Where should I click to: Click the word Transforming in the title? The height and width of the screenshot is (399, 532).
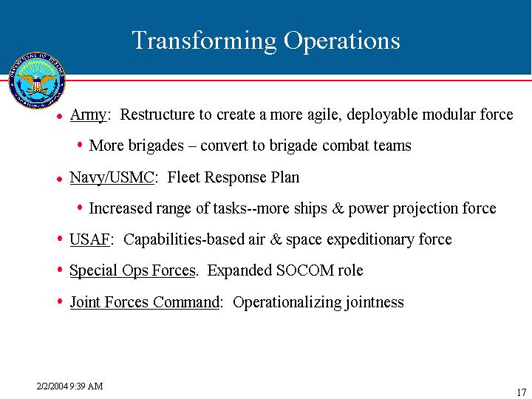204,41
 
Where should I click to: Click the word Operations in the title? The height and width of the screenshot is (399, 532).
342,41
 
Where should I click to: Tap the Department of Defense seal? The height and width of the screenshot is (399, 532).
37,81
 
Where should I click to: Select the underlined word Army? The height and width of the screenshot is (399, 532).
88,115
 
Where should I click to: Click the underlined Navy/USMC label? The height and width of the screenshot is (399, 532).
112,177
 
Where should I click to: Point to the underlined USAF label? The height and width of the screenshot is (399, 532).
90,239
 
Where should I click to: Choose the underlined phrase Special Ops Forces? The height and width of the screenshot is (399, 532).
133,270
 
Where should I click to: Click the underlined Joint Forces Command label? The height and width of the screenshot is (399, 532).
145,302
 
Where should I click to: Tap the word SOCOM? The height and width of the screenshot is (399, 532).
305,270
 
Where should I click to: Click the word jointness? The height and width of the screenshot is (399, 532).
375,302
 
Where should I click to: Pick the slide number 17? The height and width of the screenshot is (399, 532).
521,392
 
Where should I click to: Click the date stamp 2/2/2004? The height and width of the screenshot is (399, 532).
52,386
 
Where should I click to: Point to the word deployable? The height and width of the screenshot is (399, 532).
383,115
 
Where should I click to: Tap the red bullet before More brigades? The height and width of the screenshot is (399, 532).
80,145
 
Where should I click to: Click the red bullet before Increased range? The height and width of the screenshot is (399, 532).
80,208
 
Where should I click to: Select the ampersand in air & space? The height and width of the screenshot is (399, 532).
276,239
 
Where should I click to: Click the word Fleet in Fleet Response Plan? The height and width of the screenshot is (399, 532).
183,177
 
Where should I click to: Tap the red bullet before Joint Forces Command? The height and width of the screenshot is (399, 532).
60,301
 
